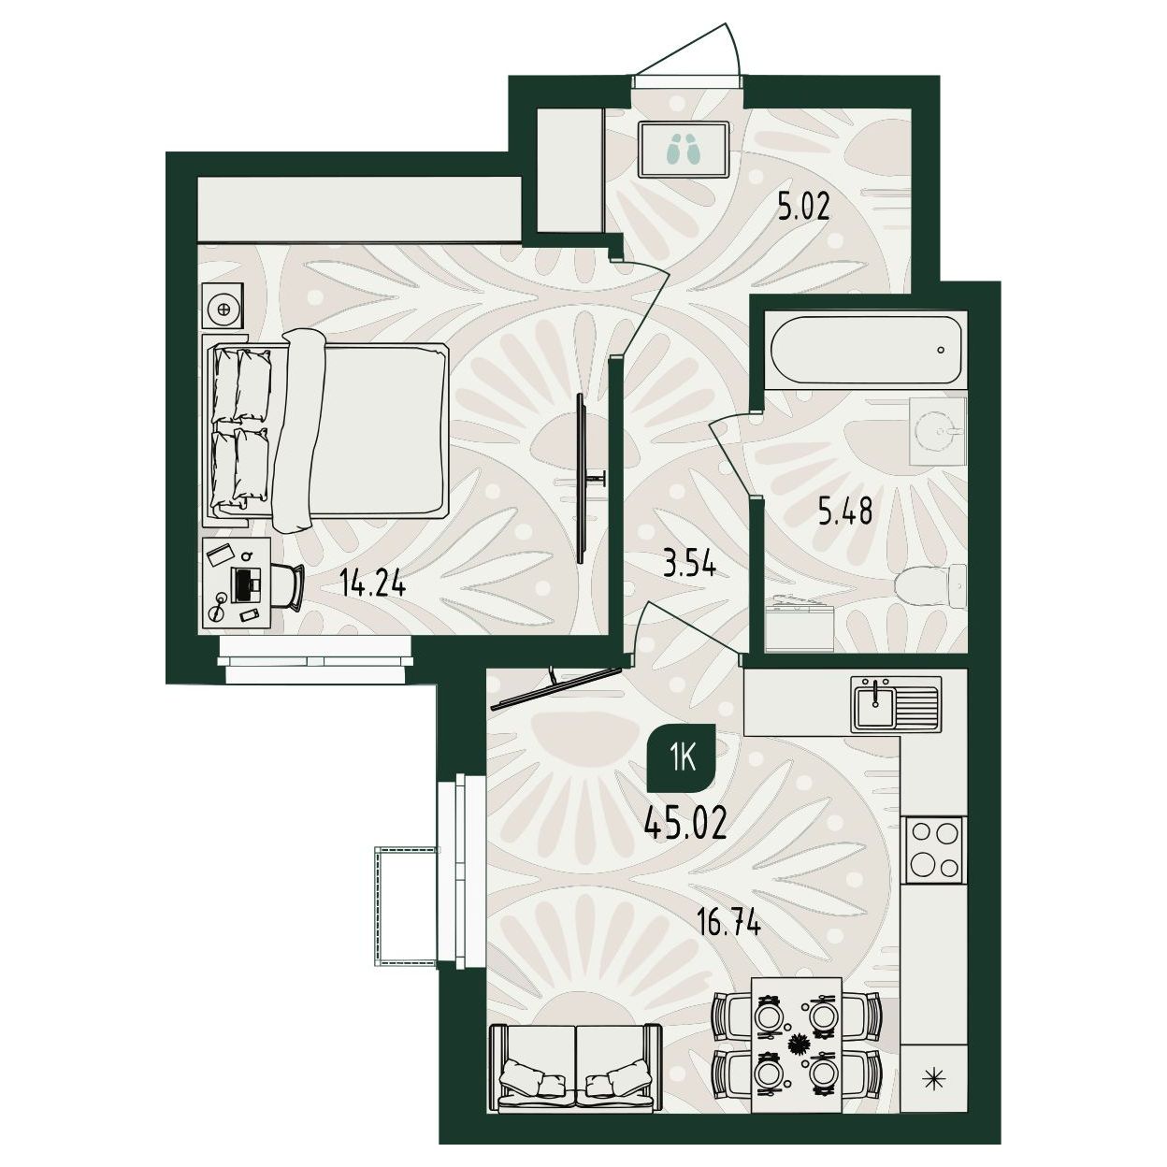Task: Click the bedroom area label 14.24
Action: [372, 584]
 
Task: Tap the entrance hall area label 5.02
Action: [802, 208]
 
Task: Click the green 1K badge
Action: [682, 758]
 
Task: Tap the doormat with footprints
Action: [683, 149]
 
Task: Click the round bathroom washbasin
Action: [938, 431]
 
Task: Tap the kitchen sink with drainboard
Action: [897, 702]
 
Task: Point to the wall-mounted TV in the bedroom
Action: [582, 478]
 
